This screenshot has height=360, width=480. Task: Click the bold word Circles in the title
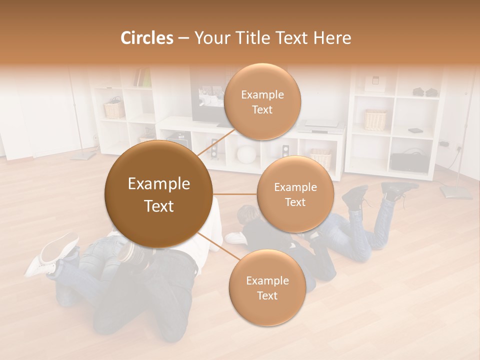click(x=146, y=38)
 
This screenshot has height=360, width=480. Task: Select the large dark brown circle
click(x=158, y=194)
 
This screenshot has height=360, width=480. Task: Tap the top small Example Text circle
click(x=262, y=101)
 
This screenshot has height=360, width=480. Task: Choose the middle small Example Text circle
click(x=295, y=194)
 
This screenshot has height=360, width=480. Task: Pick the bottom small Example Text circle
click(x=267, y=287)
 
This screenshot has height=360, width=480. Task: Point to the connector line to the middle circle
click(x=234, y=194)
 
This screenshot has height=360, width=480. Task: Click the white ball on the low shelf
click(x=245, y=153)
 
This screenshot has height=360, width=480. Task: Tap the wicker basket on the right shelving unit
click(x=375, y=120)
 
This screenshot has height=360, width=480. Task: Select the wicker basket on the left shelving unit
click(x=114, y=109)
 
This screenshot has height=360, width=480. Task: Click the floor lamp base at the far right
click(x=455, y=191)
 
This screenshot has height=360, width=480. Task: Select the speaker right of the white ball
click(x=285, y=151)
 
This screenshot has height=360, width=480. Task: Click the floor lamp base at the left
click(x=82, y=155)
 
